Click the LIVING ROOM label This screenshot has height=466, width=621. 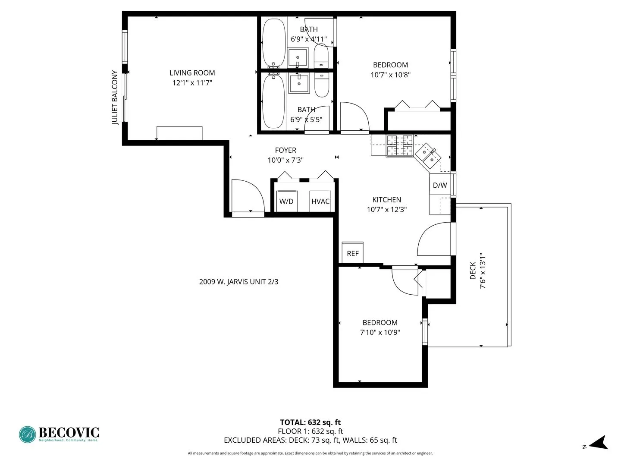tap(192, 73)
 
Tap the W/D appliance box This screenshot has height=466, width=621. tap(286, 201)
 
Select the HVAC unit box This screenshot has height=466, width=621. tap(320, 201)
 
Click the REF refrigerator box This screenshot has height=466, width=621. tap(352, 253)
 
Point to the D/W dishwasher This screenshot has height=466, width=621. tap(440, 185)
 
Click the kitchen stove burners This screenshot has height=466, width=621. tap(399, 146)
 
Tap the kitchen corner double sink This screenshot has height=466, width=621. tap(428, 154)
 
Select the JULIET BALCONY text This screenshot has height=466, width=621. tap(115, 98)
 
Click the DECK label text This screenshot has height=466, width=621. tap(473, 271)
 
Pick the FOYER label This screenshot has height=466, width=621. tap(285, 150)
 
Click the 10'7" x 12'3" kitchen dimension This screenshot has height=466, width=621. tap(387, 210)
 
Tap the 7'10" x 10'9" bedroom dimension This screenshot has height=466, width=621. tap(380, 332)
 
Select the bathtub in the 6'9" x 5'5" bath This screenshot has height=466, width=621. tap(273, 101)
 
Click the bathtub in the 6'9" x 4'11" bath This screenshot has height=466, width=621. tap(274, 42)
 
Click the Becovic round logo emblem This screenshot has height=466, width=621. tap(28, 435)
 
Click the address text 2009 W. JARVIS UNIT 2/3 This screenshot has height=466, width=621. tap(238, 282)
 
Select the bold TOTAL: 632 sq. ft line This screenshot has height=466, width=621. tap(310, 422)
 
